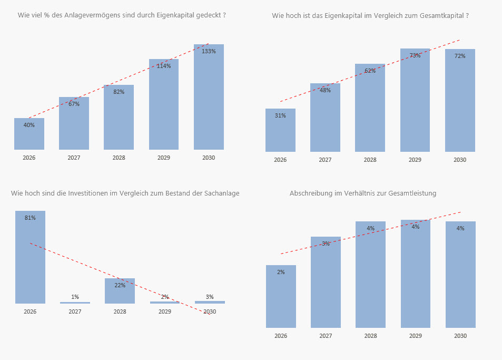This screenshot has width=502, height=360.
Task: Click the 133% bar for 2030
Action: (209, 100)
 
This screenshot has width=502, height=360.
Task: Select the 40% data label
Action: (29, 125)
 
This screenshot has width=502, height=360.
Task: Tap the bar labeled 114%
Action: (164, 105)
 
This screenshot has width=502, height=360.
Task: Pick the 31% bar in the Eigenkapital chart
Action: (280, 132)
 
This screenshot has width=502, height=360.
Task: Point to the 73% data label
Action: (415, 55)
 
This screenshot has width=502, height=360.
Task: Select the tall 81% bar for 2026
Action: (30, 258)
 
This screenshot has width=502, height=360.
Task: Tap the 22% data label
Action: (120, 285)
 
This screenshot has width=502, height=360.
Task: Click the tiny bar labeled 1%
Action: (75, 303)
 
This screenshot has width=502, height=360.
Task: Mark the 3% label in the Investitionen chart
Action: (210, 297)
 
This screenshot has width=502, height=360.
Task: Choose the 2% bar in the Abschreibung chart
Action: (281, 298)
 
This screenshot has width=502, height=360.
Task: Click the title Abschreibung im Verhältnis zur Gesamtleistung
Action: (362, 193)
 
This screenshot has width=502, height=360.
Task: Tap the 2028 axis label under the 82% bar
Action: (119, 158)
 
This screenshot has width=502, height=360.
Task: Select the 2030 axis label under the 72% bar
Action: (460, 160)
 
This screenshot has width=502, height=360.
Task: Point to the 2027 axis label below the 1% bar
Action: (75, 312)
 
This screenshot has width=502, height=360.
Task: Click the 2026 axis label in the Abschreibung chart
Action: (281, 336)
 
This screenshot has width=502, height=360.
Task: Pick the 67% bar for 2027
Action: (74, 127)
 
